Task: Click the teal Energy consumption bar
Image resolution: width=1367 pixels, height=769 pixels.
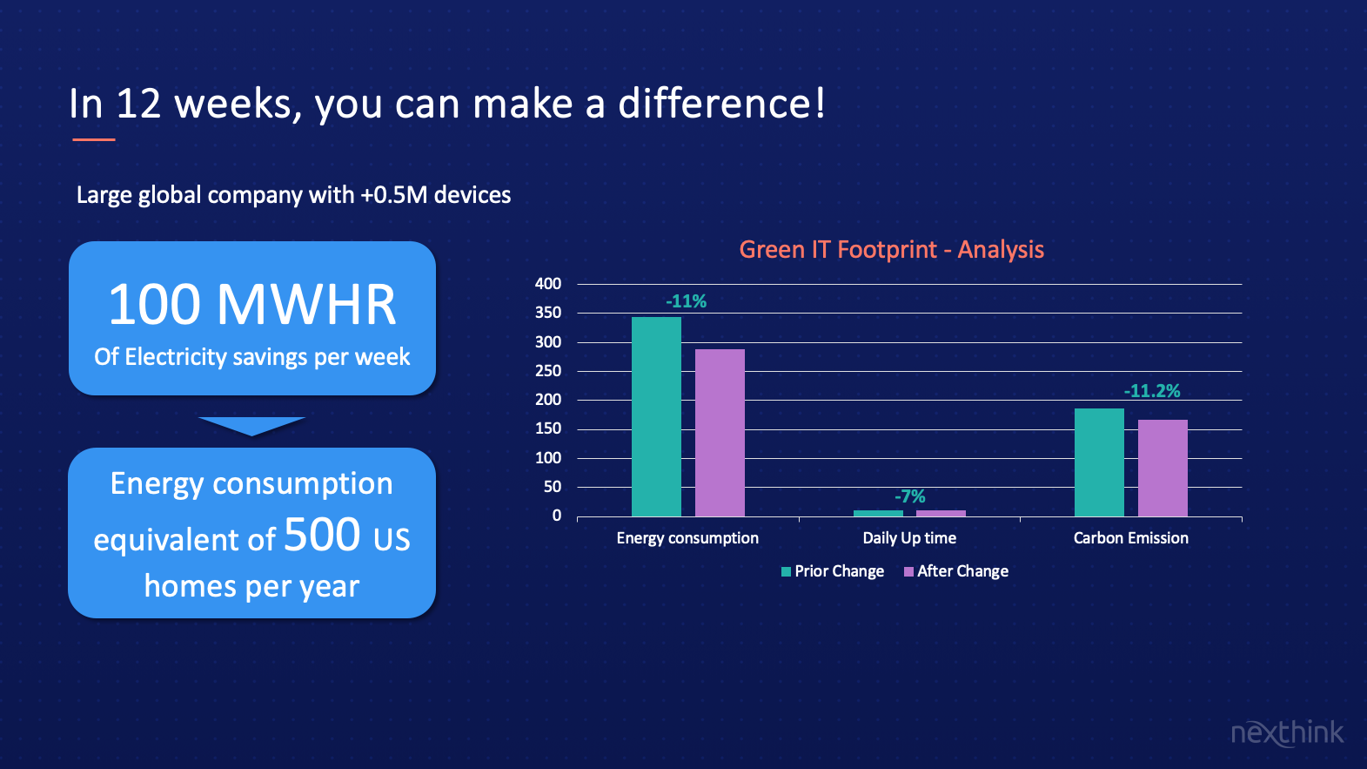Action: click(x=656, y=416)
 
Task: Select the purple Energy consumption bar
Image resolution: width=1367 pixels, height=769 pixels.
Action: click(x=720, y=433)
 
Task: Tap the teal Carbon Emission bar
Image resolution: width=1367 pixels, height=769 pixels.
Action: click(x=1099, y=462)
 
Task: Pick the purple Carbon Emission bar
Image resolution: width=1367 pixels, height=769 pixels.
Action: click(x=1163, y=468)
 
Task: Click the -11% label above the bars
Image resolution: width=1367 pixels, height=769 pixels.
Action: click(x=686, y=301)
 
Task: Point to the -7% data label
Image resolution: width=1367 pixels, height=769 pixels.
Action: click(x=910, y=496)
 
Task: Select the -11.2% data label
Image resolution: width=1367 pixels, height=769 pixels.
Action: click(x=1152, y=391)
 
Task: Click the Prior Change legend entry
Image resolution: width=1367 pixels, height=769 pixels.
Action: click(x=833, y=571)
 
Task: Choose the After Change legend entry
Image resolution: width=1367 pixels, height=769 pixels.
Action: click(x=956, y=571)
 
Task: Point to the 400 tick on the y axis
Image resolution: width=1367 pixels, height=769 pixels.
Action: click(x=548, y=283)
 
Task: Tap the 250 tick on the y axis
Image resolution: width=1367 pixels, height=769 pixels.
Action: click(x=548, y=371)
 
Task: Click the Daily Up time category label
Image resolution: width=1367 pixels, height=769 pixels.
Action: click(x=909, y=538)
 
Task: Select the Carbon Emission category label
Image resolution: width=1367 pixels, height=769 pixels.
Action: click(x=1131, y=538)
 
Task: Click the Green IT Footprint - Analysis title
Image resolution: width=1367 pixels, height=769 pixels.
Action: click(x=892, y=250)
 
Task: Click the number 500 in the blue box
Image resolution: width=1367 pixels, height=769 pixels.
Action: click(x=322, y=535)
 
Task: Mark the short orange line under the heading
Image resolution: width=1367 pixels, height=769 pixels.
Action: click(x=94, y=140)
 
